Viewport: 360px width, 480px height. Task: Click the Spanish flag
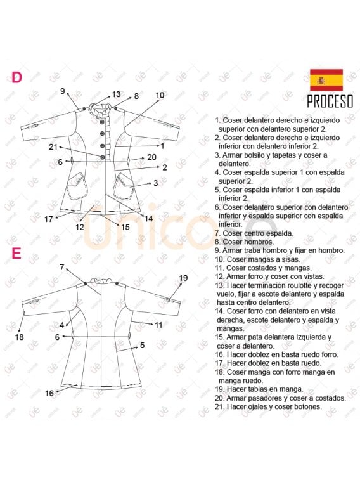326,80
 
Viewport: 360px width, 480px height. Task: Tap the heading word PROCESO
330,101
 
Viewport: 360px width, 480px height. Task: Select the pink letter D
16,77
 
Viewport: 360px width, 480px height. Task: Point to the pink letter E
16,254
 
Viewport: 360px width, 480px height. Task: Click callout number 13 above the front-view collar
116,94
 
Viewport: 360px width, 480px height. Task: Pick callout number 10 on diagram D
160,96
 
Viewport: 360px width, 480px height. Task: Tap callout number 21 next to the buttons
53,147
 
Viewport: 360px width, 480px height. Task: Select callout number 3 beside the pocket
155,183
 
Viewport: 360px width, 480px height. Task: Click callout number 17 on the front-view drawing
49,219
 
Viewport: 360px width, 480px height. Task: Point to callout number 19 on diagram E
183,278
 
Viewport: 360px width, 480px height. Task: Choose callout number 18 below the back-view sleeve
19,337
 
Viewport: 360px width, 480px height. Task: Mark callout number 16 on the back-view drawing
49,393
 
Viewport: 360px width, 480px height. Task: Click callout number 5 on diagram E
142,345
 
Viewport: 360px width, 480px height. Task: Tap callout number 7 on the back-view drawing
62,268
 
